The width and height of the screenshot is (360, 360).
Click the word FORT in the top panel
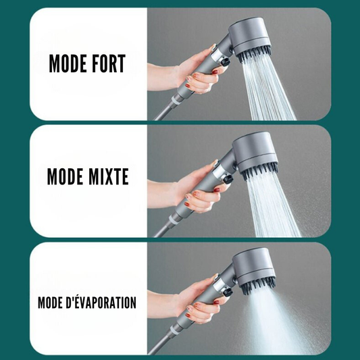pyautogui.click(x=106, y=63)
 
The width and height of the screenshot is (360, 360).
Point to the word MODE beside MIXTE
pyautogui.click(x=65, y=176)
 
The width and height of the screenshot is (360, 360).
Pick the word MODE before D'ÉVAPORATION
pyautogui.click(x=50, y=303)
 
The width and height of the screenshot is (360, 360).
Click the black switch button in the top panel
pyautogui.click(x=225, y=61)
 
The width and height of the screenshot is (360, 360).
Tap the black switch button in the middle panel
pyautogui.click(x=228, y=179)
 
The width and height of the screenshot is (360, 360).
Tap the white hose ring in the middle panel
pyautogui.click(x=174, y=220)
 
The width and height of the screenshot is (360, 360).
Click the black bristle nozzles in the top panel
pyautogui.click(x=254, y=56)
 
